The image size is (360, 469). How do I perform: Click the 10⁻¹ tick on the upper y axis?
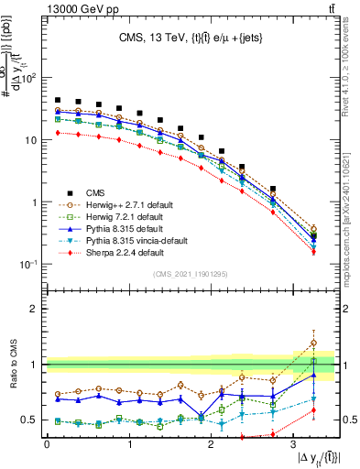[30, 265]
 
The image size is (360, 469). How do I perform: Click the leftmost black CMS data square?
[58, 100]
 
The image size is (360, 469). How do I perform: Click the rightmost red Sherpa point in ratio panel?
[314, 410]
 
